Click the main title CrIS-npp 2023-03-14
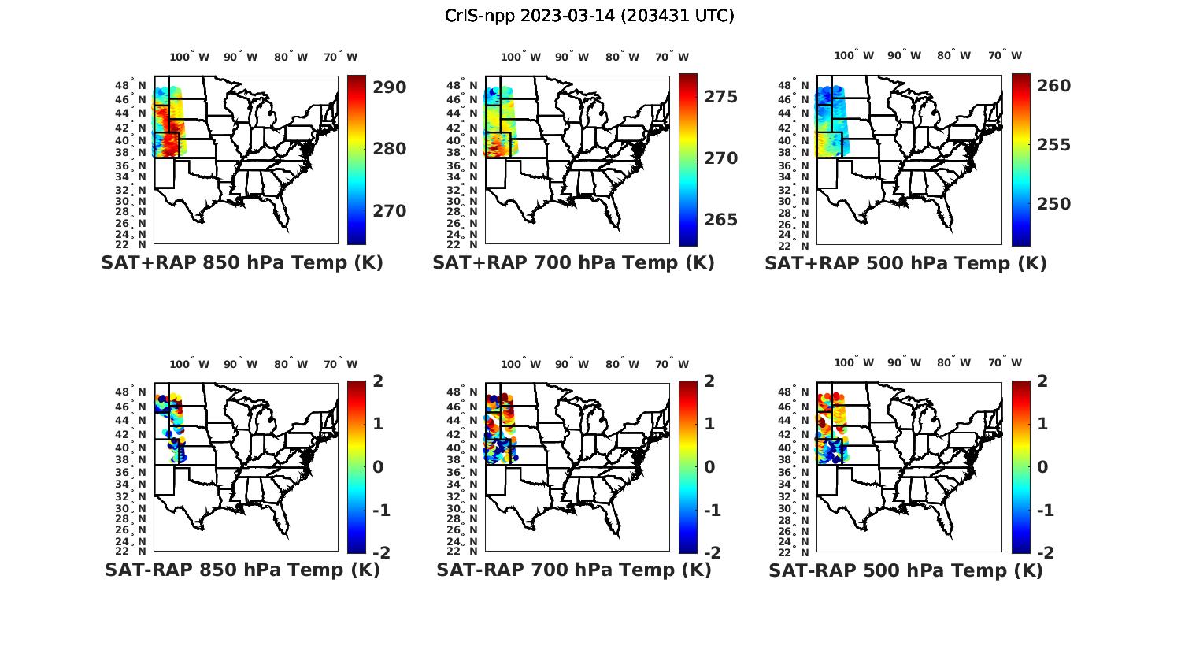tap(589, 16)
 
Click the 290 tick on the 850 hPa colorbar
tap(389, 87)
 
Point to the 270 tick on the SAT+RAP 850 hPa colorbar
tap(389, 211)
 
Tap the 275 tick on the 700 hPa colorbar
tap(720, 96)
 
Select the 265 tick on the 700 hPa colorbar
tap(720, 220)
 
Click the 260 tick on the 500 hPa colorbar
tap(1053, 85)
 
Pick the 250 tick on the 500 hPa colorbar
tap(1053, 204)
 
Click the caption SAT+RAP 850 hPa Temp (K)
tap(242, 263)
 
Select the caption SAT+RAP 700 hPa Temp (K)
tap(573, 263)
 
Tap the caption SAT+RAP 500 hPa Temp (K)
tap(905, 263)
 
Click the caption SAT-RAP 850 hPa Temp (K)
tap(242, 570)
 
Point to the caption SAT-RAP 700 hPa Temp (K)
tap(573, 570)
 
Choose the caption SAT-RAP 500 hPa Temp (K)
tap(905, 570)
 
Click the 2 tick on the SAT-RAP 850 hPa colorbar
tap(378, 381)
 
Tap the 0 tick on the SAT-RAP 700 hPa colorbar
tap(709, 467)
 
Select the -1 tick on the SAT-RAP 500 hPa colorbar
tap(1045, 511)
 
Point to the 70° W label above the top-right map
tap(1005, 56)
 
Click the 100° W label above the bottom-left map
tap(190, 364)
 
